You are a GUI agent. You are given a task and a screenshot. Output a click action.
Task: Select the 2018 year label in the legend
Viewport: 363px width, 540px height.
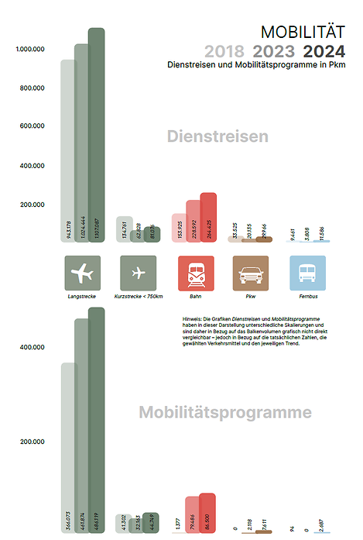[x=224, y=52]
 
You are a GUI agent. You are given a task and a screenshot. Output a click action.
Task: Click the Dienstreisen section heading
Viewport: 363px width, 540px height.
[x=217, y=137]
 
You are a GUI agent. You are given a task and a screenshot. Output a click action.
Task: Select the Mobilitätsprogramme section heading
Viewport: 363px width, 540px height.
[x=225, y=411]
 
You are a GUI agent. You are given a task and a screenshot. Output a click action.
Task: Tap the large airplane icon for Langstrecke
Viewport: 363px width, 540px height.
[x=83, y=273]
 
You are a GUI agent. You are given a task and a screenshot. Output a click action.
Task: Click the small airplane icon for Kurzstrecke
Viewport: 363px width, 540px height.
[x=139, y=273]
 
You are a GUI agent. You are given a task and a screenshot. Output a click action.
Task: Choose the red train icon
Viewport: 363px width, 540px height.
[x=196, y=273]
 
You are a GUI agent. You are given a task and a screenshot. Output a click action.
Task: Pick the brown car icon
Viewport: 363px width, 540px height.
[x=251, y=273]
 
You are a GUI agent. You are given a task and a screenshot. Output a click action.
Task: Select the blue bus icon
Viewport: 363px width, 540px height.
[x=307, y=273]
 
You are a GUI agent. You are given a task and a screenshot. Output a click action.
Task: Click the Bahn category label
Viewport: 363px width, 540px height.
[x=196, y=297]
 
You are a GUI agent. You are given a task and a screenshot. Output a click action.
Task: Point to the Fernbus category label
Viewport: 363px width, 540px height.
[x=307, y=297]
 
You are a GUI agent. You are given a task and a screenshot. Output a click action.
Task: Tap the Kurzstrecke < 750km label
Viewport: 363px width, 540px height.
[x=139, y=297]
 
